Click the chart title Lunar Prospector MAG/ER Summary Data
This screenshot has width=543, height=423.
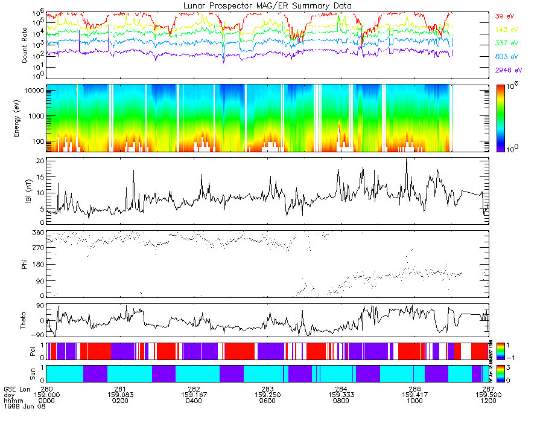tap(267, 5)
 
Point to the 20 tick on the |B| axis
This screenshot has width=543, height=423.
tap(40, 162)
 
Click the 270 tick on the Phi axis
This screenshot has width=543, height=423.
tap(37, 248)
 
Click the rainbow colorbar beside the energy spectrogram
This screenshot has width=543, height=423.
tap(503, 117)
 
